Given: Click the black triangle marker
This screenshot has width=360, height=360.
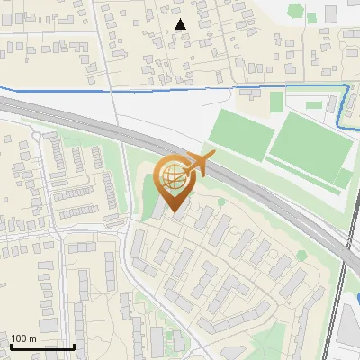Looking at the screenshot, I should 181,24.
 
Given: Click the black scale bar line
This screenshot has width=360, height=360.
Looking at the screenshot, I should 42,346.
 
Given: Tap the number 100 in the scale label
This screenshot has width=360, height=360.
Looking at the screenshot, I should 19,338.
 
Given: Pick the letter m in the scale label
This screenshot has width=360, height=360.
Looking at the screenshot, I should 31,338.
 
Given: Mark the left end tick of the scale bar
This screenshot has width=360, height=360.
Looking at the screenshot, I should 10,345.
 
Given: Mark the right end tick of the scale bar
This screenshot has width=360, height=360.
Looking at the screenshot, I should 75,345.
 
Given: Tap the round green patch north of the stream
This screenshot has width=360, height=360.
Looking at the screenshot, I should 294,11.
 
